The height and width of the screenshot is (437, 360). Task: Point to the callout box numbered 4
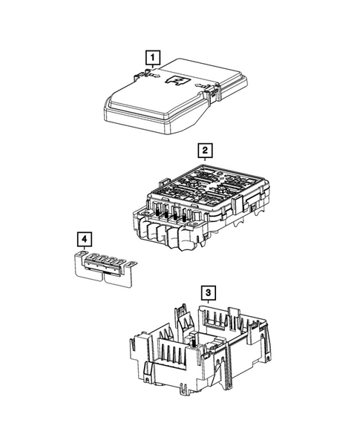point(86,239)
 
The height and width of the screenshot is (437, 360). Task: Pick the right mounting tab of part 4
point(131,265)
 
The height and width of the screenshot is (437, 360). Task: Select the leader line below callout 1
point(151,67)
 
